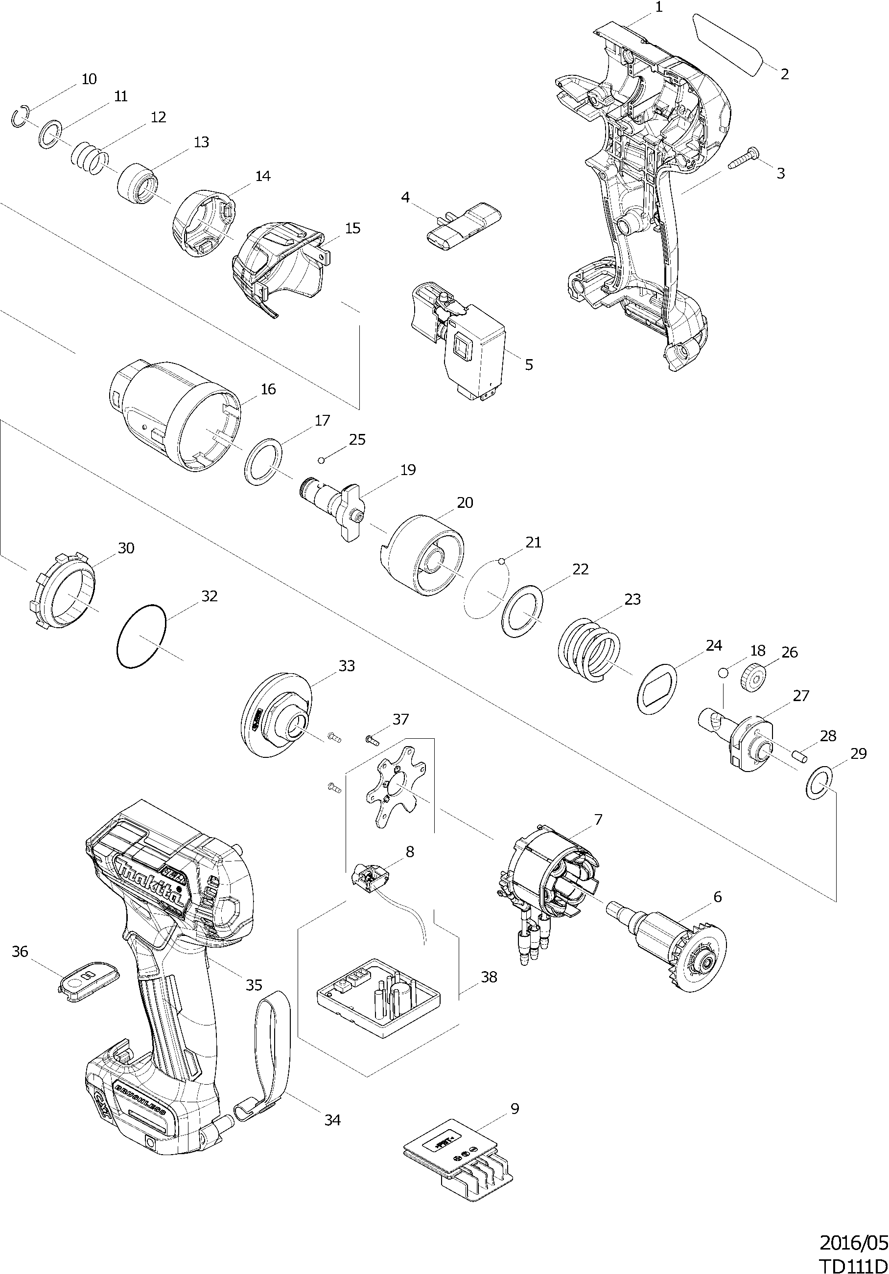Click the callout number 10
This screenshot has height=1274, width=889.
(x=89, y=79)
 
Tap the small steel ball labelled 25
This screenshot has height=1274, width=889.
(x=321, y=459)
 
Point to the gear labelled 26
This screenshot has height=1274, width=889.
(x=753, y=677)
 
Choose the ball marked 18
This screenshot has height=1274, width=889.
(x=723, y=673)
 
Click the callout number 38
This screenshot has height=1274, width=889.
(x=489, y=977)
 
